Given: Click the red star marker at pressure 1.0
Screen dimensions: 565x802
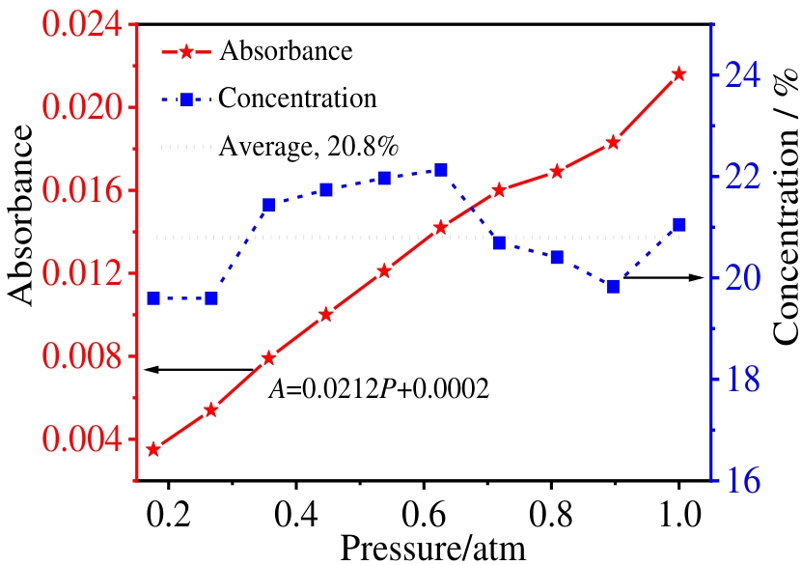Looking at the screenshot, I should point(678,74).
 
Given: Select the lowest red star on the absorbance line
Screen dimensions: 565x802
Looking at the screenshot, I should point(153,450).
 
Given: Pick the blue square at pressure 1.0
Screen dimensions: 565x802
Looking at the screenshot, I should point(678,225).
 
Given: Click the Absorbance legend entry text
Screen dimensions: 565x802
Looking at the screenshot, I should point(286,50).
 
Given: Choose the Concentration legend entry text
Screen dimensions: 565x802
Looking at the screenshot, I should point(297,98).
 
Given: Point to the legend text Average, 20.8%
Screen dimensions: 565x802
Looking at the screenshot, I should point(309,147).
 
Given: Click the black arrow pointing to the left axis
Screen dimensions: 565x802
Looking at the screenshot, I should point(203,369).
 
